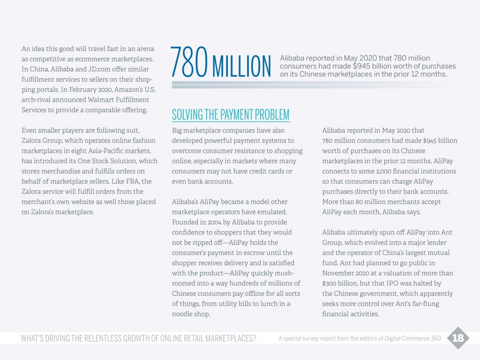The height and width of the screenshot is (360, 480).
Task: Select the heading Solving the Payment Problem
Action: [x=230, y=114]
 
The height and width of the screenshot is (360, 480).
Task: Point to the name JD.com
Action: [x=97, y=69]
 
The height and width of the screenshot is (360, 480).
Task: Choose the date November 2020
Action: [x=341, y=273]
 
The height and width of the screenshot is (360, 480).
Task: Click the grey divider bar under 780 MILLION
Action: [x=309, y=85]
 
